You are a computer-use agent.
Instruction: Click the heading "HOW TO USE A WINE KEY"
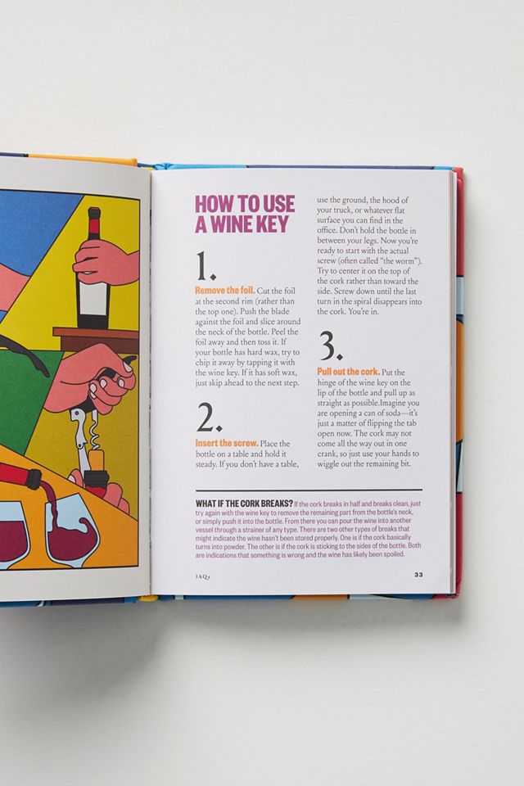click(245, 214)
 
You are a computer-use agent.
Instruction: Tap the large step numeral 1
click(205, 266)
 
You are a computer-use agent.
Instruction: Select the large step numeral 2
click(208, 418)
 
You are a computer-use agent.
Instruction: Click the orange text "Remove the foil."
click(224, 291)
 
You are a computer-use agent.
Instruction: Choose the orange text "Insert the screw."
click(227, 444)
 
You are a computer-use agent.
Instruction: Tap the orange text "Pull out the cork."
click(348, 372)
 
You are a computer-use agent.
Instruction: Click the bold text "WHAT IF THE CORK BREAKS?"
click(244, 504)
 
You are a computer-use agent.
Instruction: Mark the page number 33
click(418, 575)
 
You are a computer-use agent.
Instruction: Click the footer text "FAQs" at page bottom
click(202, 576)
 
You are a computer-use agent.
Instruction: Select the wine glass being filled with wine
click(72, 531)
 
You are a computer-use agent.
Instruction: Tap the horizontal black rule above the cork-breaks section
click(309, 490)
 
